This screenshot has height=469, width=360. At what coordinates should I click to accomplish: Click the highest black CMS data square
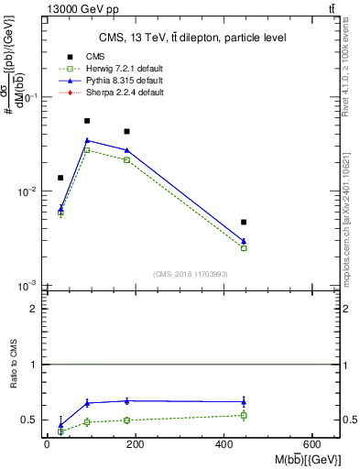[x=87, y=121]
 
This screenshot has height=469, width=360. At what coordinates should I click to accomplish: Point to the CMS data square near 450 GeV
[x=244, y=222]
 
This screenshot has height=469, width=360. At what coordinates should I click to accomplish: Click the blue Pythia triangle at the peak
[x=87, y=140]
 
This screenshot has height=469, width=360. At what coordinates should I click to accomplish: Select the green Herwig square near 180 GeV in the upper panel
[x=127, y=159]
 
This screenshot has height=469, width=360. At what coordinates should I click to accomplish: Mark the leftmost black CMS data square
[x=60, y=178]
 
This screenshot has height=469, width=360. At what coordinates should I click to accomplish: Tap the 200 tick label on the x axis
[x=136, y=444]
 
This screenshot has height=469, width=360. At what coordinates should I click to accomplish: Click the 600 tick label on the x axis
[x=314, y=444]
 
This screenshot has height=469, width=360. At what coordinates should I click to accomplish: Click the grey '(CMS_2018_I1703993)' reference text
[x=191, y=274]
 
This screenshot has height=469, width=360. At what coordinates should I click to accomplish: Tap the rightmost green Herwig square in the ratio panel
[x=244, y=415]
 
